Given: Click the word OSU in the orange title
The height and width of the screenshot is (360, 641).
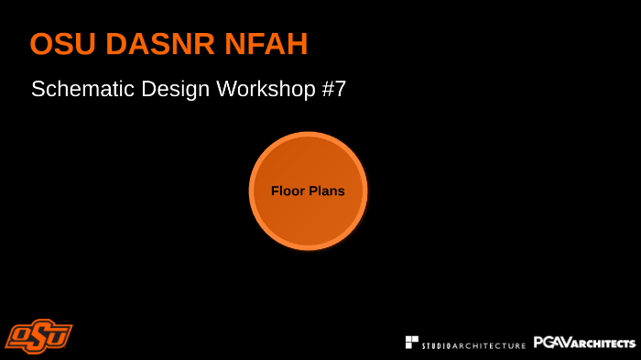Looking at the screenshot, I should (61, 43).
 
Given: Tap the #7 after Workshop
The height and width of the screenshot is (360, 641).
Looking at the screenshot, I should (333, 90).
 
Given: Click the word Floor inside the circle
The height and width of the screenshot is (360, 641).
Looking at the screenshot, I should (287, 191).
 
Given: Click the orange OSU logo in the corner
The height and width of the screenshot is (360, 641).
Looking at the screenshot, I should (38, 335).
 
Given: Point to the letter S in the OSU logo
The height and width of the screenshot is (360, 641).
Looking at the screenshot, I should (40, 335).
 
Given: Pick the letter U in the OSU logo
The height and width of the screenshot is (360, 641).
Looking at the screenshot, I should (60, 335).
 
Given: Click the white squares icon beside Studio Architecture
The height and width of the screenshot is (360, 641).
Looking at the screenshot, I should (412, 342).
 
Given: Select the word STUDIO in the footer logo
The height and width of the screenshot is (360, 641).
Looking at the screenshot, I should (438, 345).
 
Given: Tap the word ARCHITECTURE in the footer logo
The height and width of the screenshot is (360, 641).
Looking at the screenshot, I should (490, 345).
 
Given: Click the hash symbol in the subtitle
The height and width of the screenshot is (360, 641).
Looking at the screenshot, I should (328, 90).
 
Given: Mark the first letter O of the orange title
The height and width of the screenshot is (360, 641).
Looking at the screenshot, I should (41, 43).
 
